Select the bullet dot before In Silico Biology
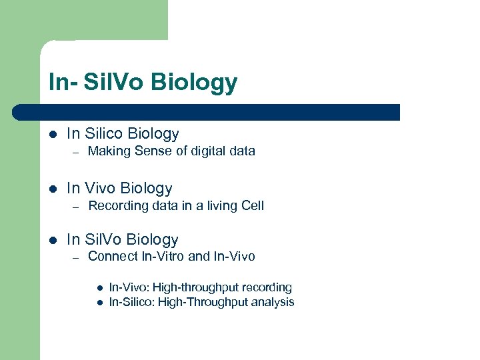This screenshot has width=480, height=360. point(53,134)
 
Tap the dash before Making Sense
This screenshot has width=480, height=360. point(77,152)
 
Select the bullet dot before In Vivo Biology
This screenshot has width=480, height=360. point(53,189)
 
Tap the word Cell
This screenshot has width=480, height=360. point(253,206)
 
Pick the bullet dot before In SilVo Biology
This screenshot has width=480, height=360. point(53,240)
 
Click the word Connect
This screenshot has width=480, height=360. point(113,257)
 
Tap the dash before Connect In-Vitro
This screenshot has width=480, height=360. point(77,257)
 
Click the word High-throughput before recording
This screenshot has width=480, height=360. point(198,288)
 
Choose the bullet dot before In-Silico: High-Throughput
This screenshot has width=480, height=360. point(99,302)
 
